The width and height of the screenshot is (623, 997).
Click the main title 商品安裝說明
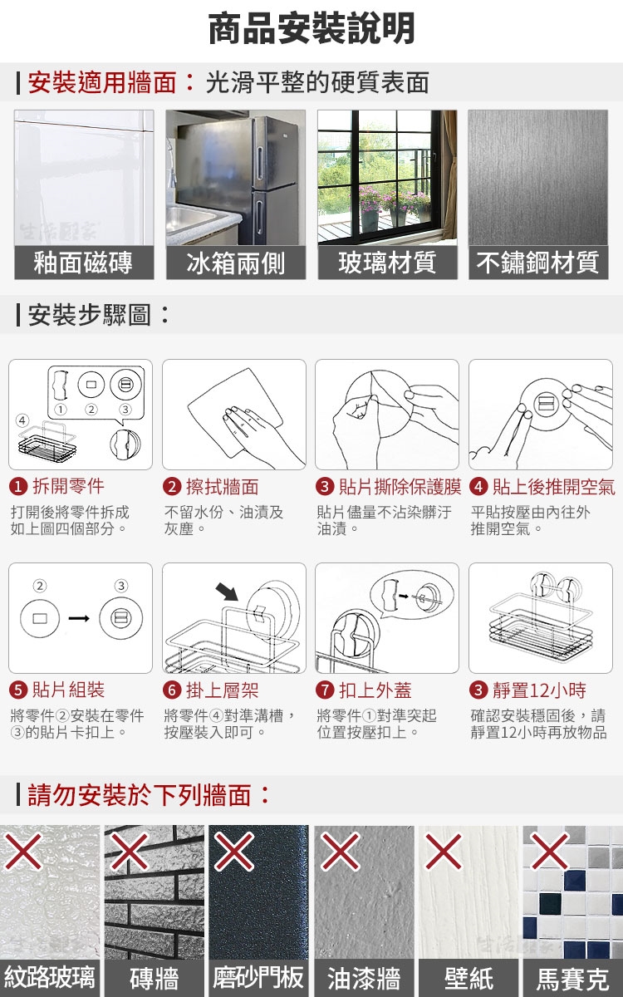(311, 29)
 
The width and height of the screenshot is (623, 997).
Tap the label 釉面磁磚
(83, 263)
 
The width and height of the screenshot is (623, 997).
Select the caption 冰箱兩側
(236, 263)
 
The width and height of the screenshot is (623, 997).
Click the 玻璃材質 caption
(387, 263)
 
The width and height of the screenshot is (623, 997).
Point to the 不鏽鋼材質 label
(538, 263)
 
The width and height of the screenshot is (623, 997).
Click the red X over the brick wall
(129, 852)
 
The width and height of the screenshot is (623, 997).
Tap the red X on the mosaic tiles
(550, 851)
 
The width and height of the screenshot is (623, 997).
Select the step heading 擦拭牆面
(222, 487)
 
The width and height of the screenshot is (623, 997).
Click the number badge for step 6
(172, 690)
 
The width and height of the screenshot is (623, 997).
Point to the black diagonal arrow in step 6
(227, 592)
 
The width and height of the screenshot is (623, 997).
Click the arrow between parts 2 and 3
(79, 618)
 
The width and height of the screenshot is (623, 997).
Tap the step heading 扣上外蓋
(375, 690)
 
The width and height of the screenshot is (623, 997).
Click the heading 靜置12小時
(539, 690)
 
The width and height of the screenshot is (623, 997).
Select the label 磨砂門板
(258, 977)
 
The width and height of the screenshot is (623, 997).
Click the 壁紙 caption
(468, 979)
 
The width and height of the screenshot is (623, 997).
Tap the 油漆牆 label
(364, 979)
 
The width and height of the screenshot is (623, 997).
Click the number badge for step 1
(18, 487)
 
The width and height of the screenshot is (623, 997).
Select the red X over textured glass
(23, 852)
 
